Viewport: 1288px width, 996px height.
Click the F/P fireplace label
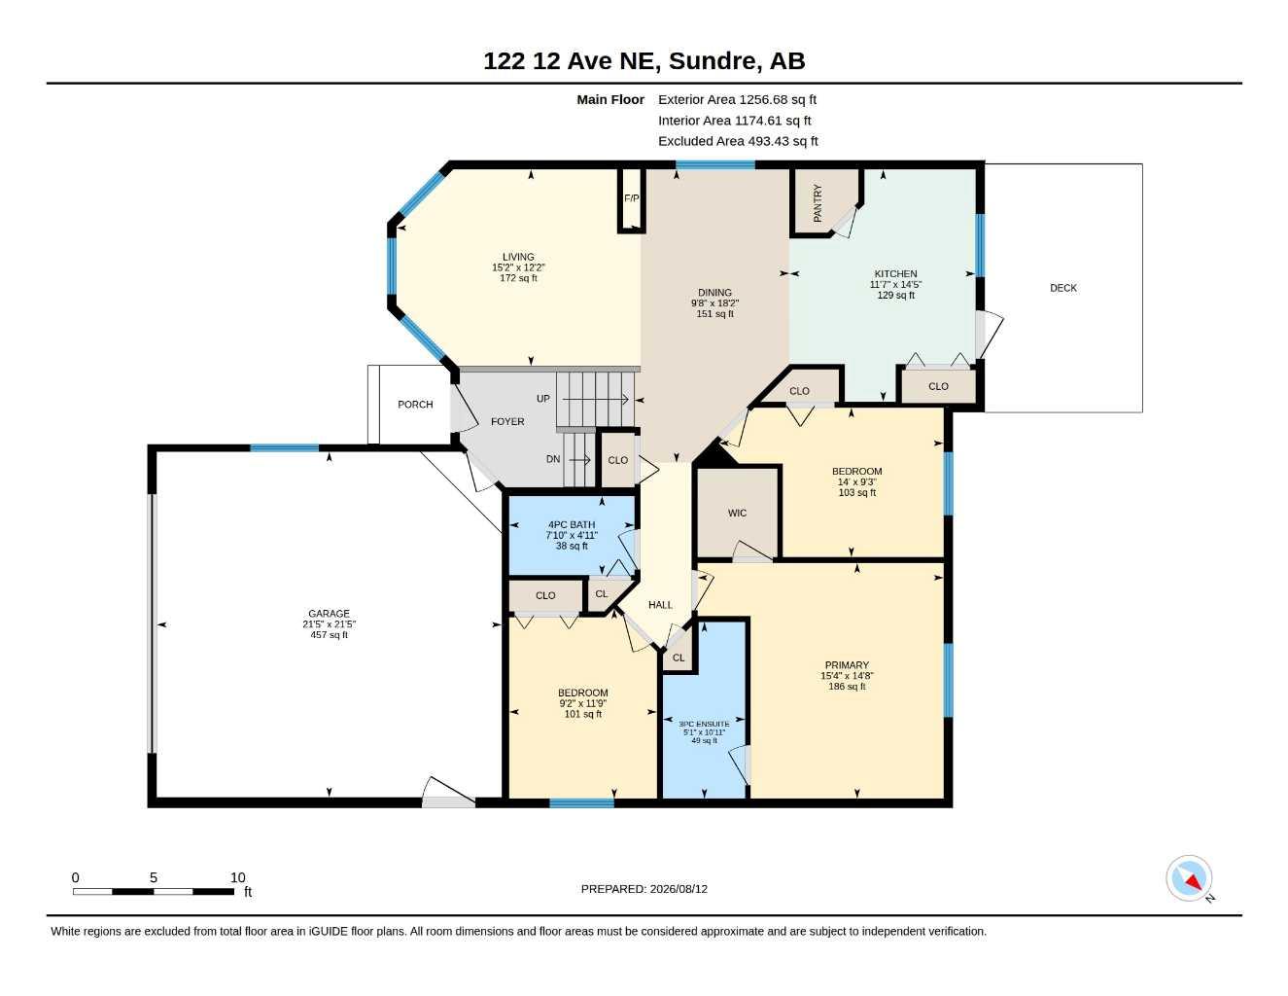[632, 198]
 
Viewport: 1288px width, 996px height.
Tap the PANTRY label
[818, 203]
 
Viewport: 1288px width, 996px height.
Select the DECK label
[1063, 288]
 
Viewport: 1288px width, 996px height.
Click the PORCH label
[415, 405]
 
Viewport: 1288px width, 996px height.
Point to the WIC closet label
[738, 513]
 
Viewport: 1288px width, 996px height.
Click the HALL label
[660, 605]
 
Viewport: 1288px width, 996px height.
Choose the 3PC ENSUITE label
[704, 724]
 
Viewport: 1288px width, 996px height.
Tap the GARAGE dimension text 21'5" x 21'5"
[329, 624]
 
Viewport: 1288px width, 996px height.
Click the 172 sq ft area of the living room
[519, 278]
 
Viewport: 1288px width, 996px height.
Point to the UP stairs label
[543, 399]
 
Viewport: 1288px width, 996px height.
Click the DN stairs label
[553, 459]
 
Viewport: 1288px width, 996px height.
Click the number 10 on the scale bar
[238, 877]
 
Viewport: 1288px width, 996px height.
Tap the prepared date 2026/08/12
[679, 889]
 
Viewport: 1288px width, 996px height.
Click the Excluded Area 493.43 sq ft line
[738, 141]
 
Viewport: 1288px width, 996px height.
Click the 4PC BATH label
[572, 524]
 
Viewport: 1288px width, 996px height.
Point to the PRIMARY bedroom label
[847, 665]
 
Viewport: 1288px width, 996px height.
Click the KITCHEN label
[895, 274]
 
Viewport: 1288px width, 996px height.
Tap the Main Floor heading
[610, 99]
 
